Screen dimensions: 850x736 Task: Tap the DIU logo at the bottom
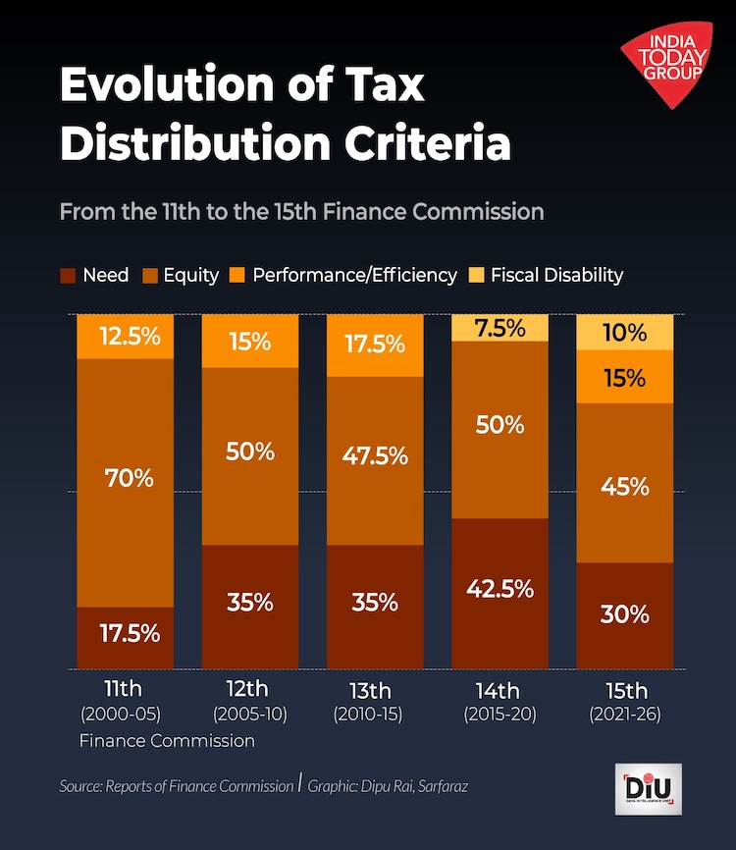click(x=650, y=788)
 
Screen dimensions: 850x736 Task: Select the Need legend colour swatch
click(x=68, y=276)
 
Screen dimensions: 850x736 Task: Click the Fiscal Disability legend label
click(x=556, y=276)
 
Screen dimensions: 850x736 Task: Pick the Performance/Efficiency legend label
click(x=354, y=276)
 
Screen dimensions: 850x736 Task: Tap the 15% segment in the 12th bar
click(x=249, y=342)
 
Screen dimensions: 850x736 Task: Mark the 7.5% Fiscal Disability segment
click(x=499, y=328)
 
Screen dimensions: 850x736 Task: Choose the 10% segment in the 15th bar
click(x=624, y=333)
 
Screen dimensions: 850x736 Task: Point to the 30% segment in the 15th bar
click(x=624, y=614)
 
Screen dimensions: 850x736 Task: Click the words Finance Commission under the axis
click(x=167, y=741)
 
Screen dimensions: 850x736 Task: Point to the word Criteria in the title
click(x=427, y=143)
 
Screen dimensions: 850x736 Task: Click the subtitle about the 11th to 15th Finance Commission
click(x=301, y=211)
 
